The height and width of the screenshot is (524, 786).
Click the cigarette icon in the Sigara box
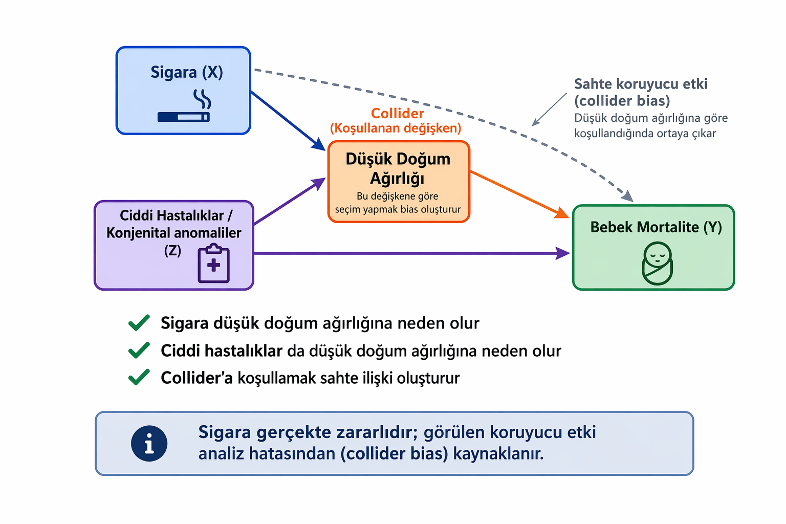click(x=184, y=117)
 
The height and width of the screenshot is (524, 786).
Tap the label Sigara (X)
click(x=187, y=73)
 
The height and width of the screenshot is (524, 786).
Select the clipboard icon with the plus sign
click(x=213, y=264)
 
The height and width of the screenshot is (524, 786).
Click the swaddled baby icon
click(x=657, y=264)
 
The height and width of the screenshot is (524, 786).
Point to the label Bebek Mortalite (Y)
click(x=656, y=227)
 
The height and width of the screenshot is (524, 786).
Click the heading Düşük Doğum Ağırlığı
click(x=398, y=168)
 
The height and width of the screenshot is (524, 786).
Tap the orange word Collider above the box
click(x=398, y=113)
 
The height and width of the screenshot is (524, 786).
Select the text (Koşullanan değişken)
click(x=396, y=128)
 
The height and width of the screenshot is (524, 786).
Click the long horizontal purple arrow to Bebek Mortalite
click(x=409, y=253)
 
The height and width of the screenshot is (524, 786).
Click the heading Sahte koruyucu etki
click(x=641, y=84)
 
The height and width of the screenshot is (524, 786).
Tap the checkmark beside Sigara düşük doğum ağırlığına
click(x=139, y=323)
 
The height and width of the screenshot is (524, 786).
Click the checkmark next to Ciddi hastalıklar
click(x=139, y=351)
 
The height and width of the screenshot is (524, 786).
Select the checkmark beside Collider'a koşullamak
click(x=139, y=378)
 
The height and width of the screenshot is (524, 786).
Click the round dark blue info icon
click(x=149, y=443)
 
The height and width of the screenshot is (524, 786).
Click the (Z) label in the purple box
click(x=172, y=251)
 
